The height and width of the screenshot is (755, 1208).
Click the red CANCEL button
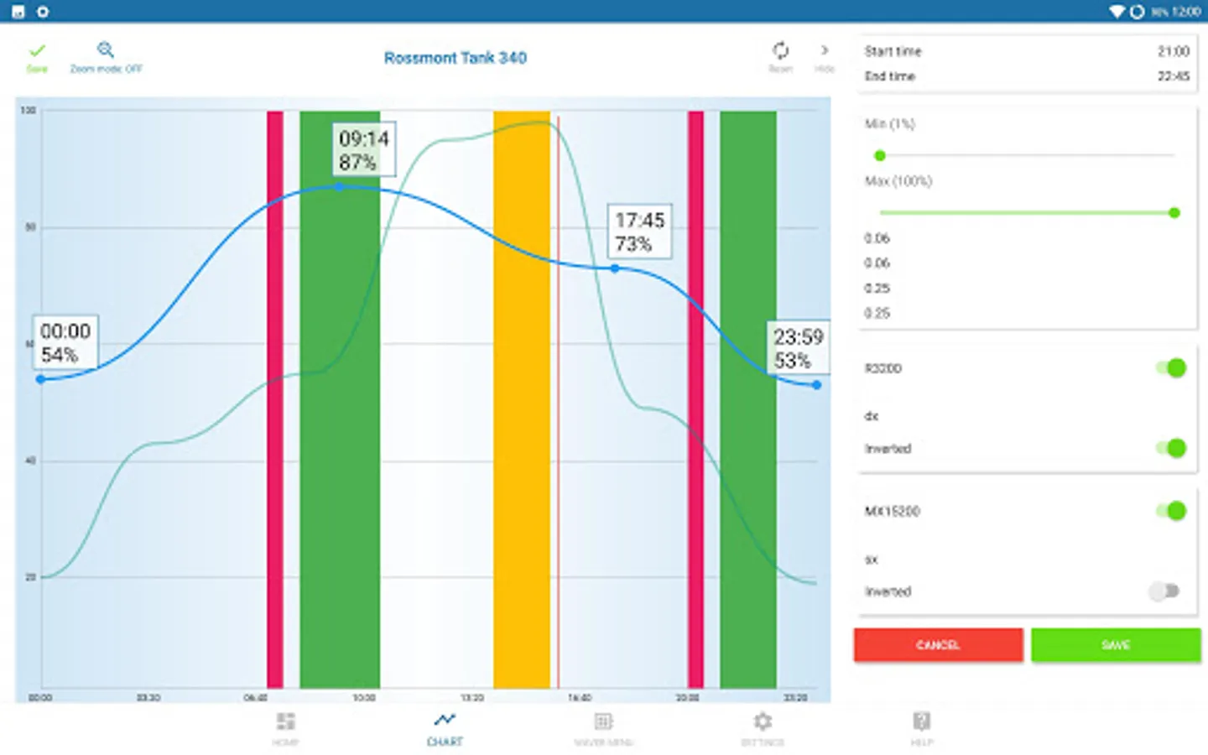(938, 644)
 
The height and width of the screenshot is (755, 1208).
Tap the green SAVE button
(1115, 644)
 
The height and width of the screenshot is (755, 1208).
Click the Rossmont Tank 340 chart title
(456, 58)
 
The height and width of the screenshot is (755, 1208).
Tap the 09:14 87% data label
(364, 150)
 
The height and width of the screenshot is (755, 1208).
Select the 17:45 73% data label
(639, 232)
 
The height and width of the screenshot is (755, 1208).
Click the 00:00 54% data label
(65, 342)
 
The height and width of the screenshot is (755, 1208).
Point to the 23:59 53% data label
(797, 348)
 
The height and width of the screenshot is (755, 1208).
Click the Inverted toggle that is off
(1164, 591)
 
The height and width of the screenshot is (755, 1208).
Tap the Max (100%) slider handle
(1174, 213)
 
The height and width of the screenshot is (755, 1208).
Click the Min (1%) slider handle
(880, 155)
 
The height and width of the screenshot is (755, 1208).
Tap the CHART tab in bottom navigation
(445, 728)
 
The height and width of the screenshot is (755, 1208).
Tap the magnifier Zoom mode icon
(106, 50)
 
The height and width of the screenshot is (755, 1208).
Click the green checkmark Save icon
(37, 52)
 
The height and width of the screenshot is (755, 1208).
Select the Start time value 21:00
(1173, 51)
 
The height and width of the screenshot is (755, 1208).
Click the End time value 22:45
(1173, 76)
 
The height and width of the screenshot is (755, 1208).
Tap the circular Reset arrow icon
(780, 51)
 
